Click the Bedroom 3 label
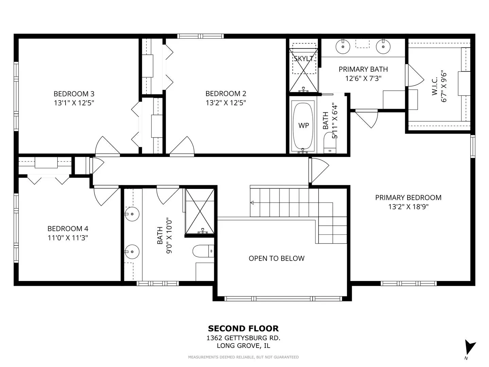tap(74, 93)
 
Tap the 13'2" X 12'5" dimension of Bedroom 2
tap(226, 103)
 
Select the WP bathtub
tap(303, 126)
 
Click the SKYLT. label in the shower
tap(304, 58)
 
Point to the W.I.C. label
tap(435, 86)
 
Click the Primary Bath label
tap(363, 69)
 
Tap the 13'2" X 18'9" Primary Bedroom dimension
tap(409, 207)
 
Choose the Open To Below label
tap(276, 258)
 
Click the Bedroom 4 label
tap(68, 229)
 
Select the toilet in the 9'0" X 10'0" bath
tap(203, 251)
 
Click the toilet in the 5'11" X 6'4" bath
tap(330, 143)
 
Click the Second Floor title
tap(243, 329)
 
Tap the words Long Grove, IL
tap(243, 346)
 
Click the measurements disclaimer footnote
tap(243, 357)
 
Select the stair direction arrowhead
tap(252, 203)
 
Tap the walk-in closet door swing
tap(414, 75)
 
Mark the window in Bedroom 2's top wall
tap(200, 36)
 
